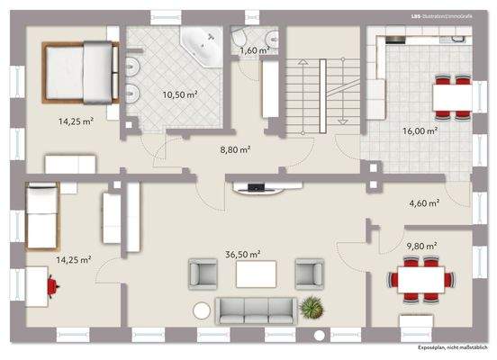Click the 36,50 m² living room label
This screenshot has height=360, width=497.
243,255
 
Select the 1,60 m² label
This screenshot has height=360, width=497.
254,50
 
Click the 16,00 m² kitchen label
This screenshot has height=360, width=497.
420,130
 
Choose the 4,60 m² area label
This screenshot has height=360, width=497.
422,203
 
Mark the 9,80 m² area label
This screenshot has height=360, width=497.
420,245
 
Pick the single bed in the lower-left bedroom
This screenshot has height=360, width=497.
41,215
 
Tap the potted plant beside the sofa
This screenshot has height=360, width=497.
312,309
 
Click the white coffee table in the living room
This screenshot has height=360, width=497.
256,274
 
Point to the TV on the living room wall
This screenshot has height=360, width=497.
255,188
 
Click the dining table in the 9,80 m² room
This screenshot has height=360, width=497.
422,279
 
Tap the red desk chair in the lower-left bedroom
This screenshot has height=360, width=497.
55,286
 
